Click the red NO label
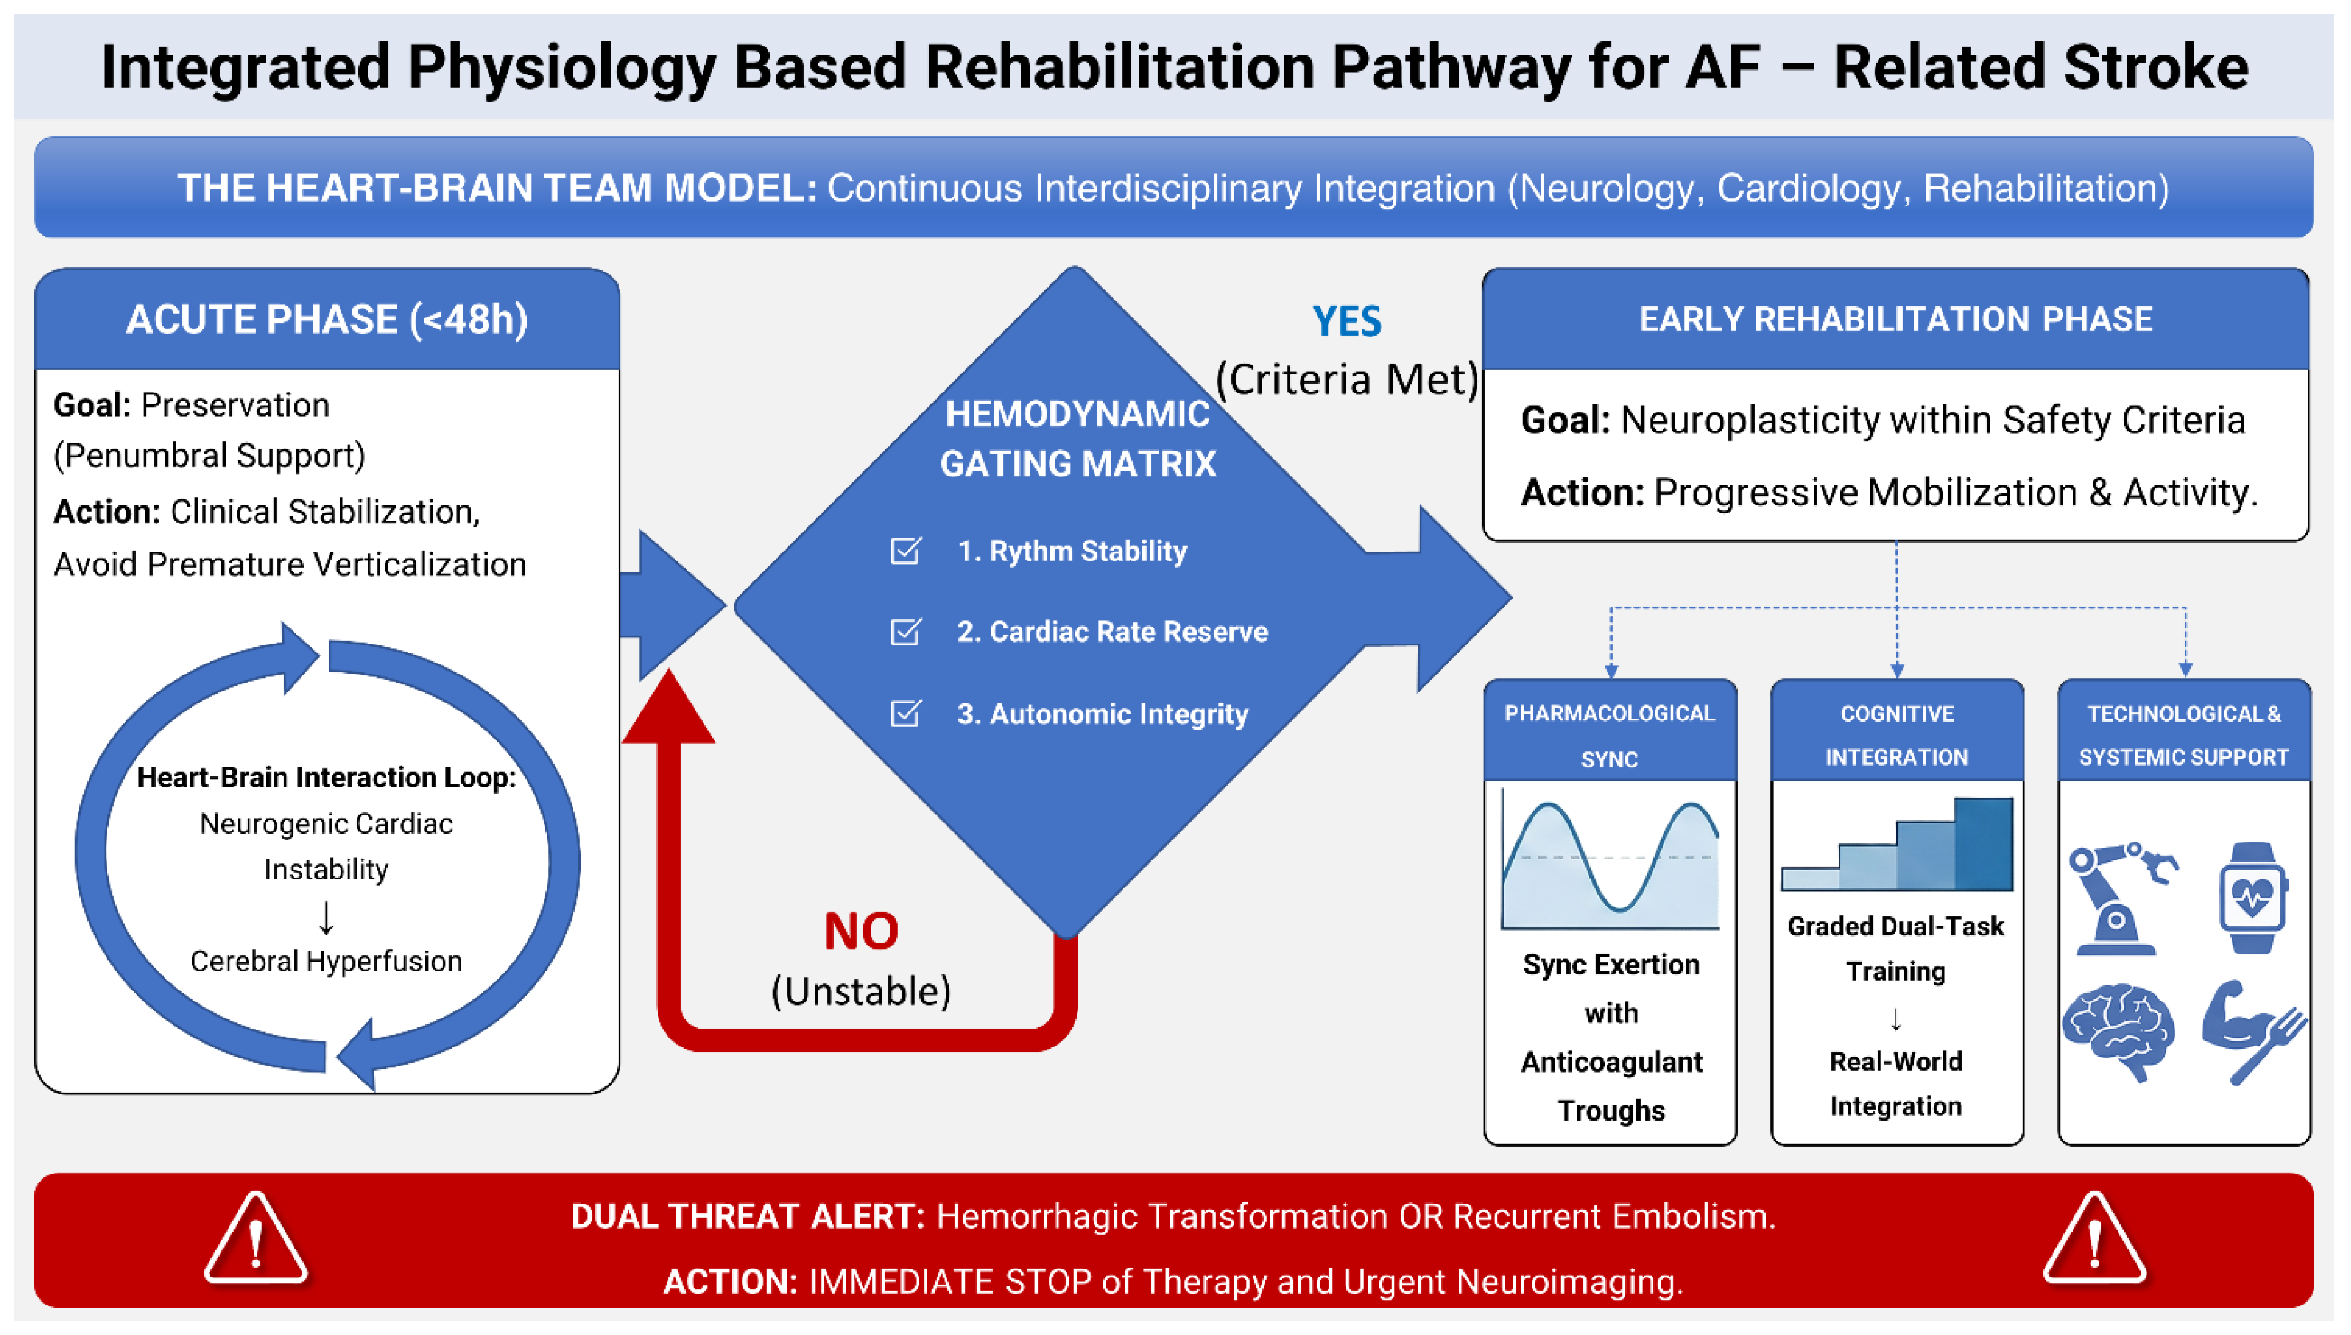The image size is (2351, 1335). pos(861,931)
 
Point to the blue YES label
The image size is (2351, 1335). pos(1346,321)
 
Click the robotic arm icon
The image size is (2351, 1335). pos(2120,899)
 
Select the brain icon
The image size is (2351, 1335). pos(2118,1031)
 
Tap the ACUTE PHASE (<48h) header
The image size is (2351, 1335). pos(328,319)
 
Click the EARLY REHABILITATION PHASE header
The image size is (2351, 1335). pos(1895,319)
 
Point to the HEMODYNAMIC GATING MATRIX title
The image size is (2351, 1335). pos(1077,439)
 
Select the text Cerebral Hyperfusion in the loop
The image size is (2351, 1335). pos(326,961)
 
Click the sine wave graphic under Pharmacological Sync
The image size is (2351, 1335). pos(1610,861)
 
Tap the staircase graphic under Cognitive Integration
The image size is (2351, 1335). pos(1896,843)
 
